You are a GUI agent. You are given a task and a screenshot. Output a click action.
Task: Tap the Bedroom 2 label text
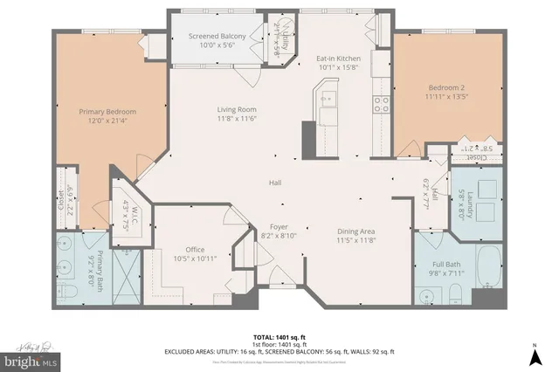449,87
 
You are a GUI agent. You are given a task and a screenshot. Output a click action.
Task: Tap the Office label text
194,249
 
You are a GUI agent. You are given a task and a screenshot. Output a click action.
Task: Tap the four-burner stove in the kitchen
382,105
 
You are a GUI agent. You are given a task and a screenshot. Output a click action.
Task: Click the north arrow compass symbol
533,355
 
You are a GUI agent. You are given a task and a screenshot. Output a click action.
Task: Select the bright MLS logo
29,358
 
